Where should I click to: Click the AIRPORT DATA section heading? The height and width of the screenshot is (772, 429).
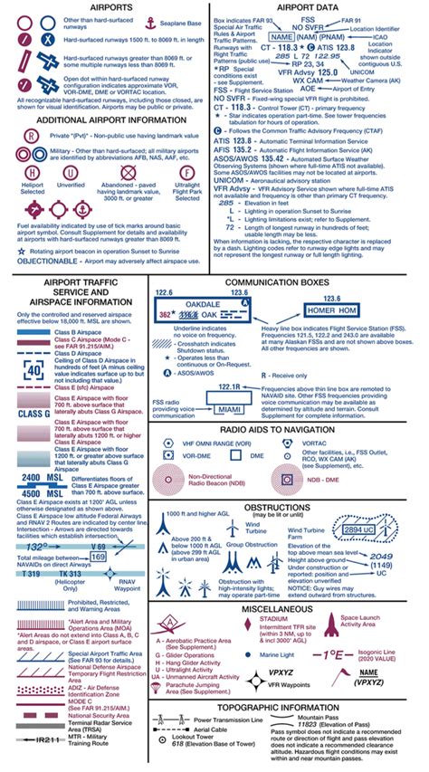pyautogui.click(x=319, y=7)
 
